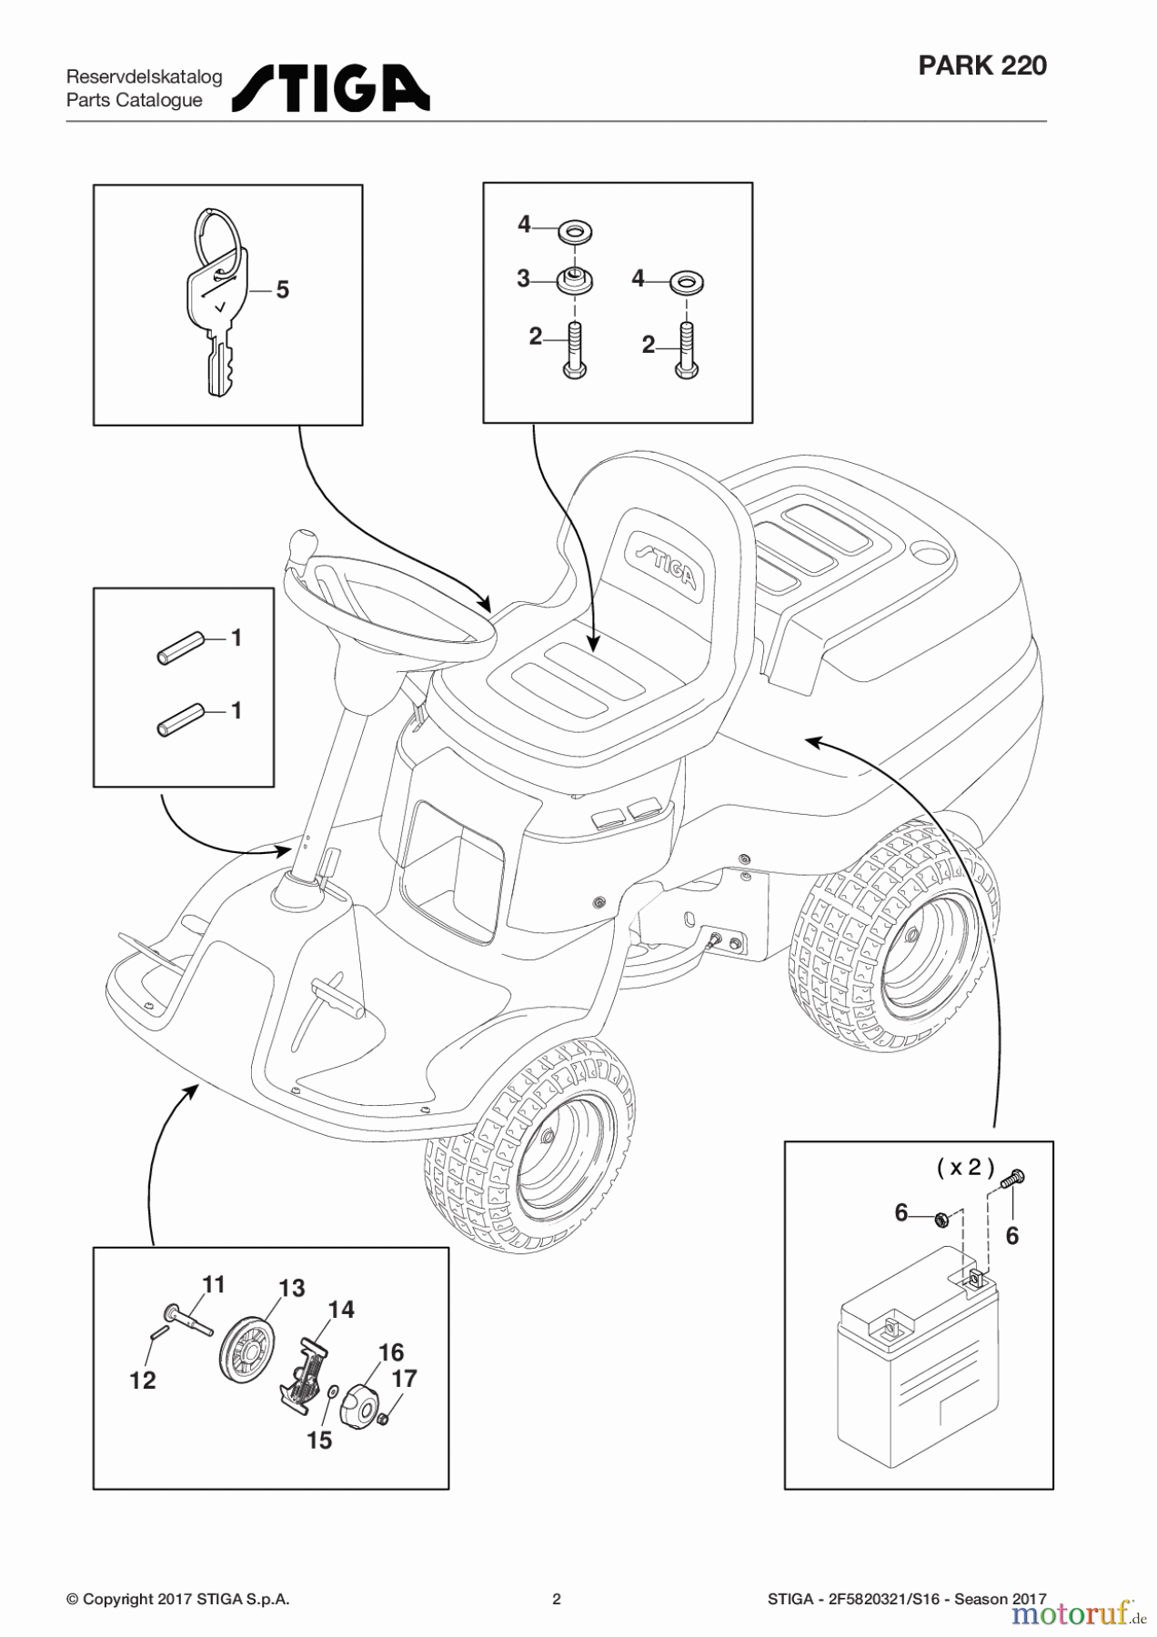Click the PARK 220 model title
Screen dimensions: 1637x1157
(x=981, y=65)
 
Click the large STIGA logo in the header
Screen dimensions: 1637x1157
(x=331, y=89)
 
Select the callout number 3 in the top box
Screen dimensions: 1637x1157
(x=523, y=279)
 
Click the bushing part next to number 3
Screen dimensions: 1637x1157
(x=575, y=281)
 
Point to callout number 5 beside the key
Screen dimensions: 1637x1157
(x=282, y=290)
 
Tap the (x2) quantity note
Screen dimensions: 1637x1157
(x=965, y=1168)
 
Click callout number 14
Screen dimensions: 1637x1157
(x=340, y=1310)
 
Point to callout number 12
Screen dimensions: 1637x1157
(x=143, y=1381)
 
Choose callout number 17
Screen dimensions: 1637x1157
(x=404, y=1379)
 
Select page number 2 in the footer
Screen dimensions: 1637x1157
(x=557, y=1599)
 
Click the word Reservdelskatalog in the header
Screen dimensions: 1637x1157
(x=144, y=77)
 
